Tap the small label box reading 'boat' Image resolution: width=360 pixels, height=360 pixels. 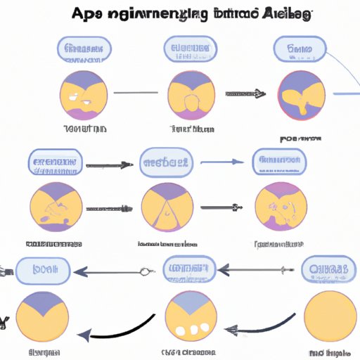pos(41,269)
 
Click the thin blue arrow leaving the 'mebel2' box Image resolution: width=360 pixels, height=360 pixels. pos(221,163)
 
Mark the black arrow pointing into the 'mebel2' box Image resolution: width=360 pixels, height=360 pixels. pos(105,165)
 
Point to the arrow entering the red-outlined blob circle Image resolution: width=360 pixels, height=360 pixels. pos(245,92)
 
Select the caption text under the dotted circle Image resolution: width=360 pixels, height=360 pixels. pos(187,352)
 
